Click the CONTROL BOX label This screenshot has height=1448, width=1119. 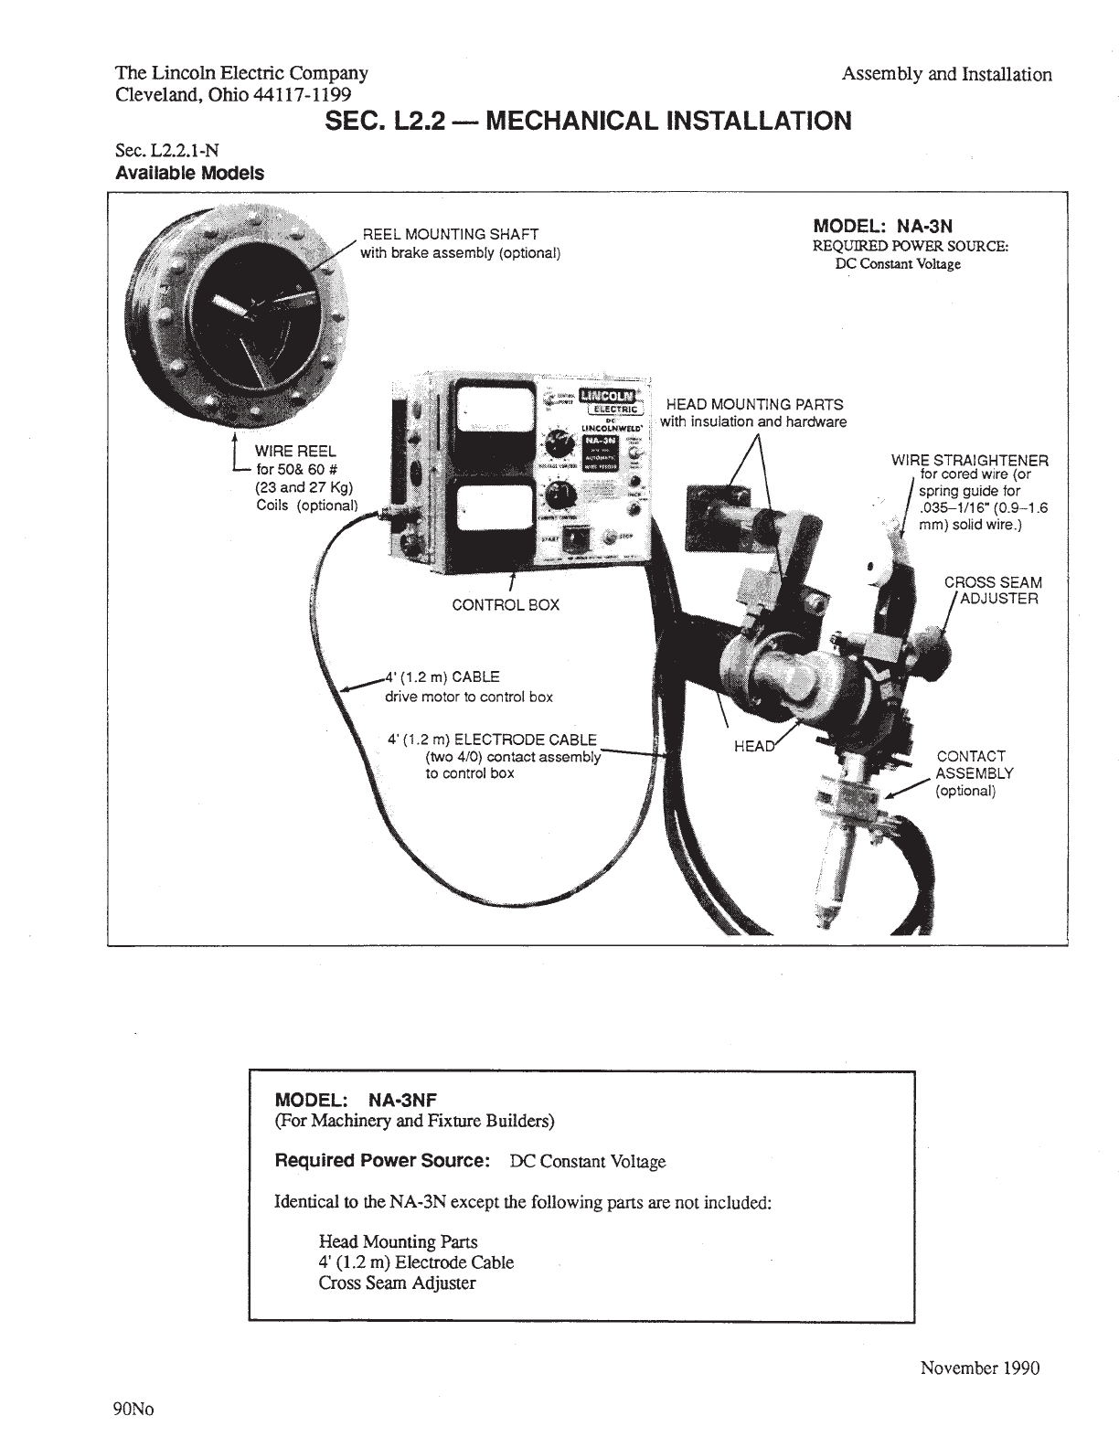(506, 605)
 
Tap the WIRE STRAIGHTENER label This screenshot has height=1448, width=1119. (969, 461)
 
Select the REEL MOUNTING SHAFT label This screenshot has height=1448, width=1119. (451, 235)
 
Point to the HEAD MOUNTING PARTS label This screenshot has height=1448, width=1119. (754, 404)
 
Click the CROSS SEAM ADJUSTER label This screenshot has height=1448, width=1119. (993, 591)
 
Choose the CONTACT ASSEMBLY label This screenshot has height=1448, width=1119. (973, 772)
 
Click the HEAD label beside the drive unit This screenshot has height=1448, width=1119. (753, 747)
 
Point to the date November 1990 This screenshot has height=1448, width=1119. (979, 1368)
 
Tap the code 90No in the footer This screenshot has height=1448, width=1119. (134, 1409)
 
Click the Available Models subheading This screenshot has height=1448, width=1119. (190, 173)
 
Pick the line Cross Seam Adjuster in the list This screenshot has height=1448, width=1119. (397, 1283)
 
